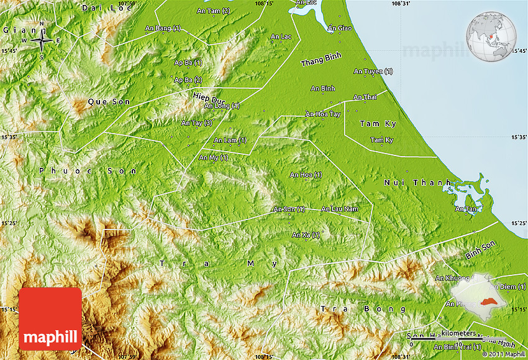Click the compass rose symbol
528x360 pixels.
tap(42, 41)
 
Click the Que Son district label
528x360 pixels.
tap(105, 101)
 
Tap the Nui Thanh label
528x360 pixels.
tap(408, 182)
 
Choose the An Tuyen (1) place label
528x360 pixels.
tap(373, 72)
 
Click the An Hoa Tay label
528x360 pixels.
tap(322, 114)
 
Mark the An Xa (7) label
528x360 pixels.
tap(306, 234)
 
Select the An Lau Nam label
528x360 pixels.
tap(340, 209)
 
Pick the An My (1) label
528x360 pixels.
tap(213, 157)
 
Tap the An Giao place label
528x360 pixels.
tap(340, 28)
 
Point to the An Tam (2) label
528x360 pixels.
tap(213, 11)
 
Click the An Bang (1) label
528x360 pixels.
tap(163, 28)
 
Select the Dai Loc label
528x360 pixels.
tap(100, 7)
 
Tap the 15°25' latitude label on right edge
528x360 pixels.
tap(518, 223)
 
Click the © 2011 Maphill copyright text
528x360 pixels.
tap(503, 354)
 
